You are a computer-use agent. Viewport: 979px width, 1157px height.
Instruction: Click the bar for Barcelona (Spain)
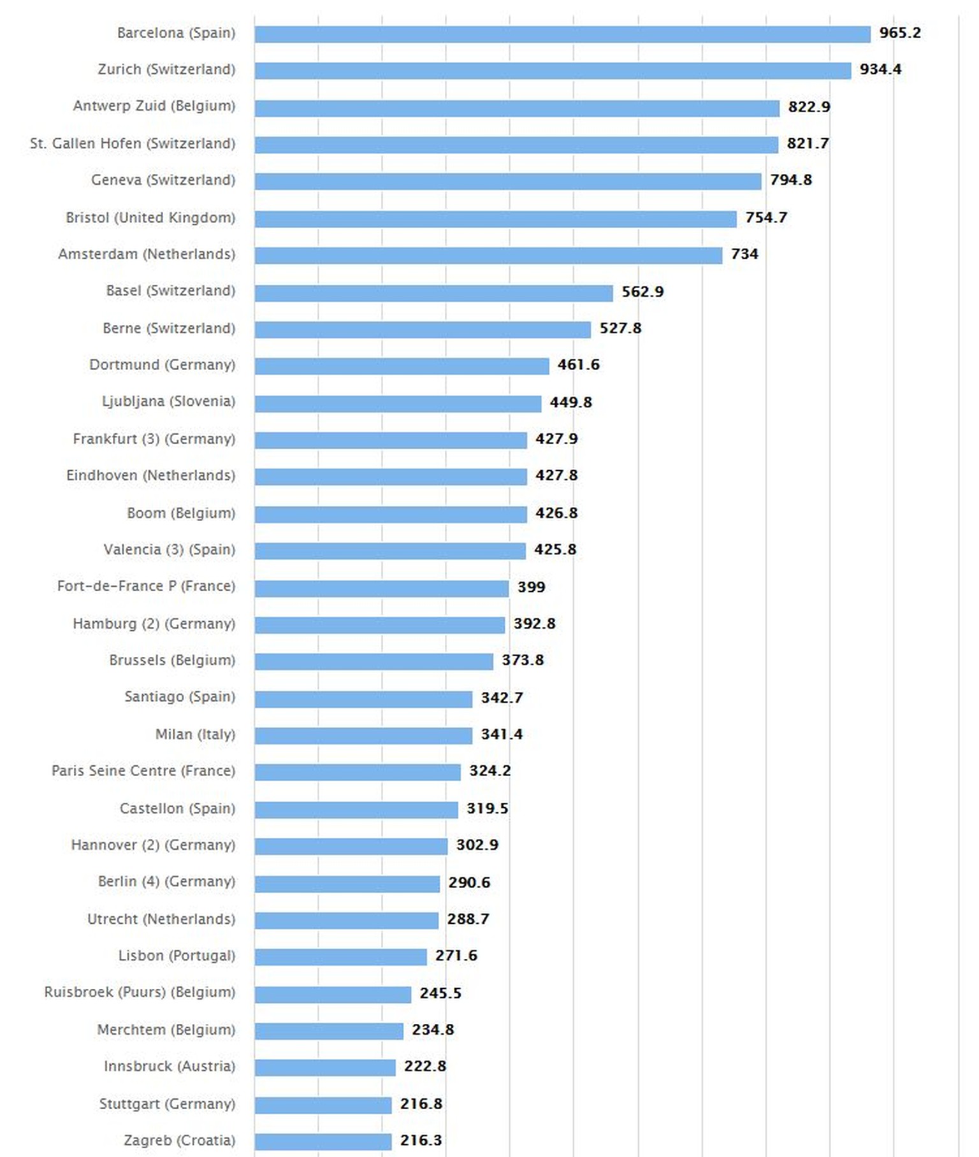562,34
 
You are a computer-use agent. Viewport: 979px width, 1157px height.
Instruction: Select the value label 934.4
880,69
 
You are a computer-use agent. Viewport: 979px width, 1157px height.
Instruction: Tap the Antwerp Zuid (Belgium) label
154,106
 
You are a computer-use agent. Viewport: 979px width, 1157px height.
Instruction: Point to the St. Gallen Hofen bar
516,145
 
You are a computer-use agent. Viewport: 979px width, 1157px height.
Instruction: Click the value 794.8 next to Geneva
790,180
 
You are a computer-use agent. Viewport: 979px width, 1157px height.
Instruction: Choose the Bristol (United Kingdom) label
150,218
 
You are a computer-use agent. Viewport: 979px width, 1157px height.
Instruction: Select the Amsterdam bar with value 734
488,255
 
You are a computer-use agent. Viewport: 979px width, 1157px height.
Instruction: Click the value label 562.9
642,292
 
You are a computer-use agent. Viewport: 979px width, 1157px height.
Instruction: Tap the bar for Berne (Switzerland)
423,329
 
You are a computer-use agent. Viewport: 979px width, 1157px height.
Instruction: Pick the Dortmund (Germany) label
162,365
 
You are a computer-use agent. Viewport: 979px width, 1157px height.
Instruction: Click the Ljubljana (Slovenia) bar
398,403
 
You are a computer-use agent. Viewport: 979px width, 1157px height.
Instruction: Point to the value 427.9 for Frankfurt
556,439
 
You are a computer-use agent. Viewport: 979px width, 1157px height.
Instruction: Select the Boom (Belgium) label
181,514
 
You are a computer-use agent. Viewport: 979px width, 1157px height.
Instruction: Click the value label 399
531,587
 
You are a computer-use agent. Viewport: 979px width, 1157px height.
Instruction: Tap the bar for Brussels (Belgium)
373,661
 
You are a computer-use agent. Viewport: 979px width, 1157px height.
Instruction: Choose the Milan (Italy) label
195,735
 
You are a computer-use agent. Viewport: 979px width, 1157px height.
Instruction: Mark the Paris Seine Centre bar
358,772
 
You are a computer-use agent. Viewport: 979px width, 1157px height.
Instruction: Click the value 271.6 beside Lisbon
456,956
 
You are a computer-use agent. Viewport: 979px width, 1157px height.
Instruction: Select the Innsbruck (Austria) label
170,1067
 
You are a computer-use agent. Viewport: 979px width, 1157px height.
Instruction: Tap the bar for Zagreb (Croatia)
323,1141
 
